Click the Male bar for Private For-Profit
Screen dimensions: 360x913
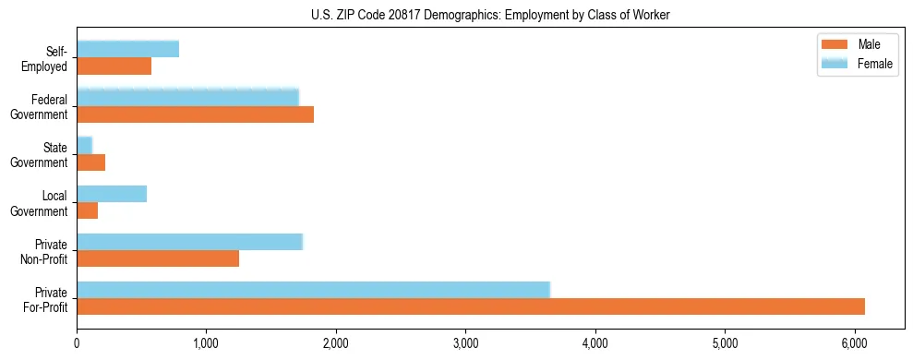[471, 306]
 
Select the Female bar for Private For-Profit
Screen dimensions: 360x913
[313, 290]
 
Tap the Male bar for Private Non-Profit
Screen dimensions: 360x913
[158, 258]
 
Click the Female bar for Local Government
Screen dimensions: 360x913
[112, 194]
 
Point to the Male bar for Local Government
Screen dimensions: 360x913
[88, 210]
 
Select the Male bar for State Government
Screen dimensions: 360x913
[91, 162]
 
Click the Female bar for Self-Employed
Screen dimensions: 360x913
[127, 50]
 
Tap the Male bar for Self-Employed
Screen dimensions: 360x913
[114, 66]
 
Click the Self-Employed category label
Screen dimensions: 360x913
[49, 58]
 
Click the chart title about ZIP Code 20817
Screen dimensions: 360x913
[490, 15]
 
